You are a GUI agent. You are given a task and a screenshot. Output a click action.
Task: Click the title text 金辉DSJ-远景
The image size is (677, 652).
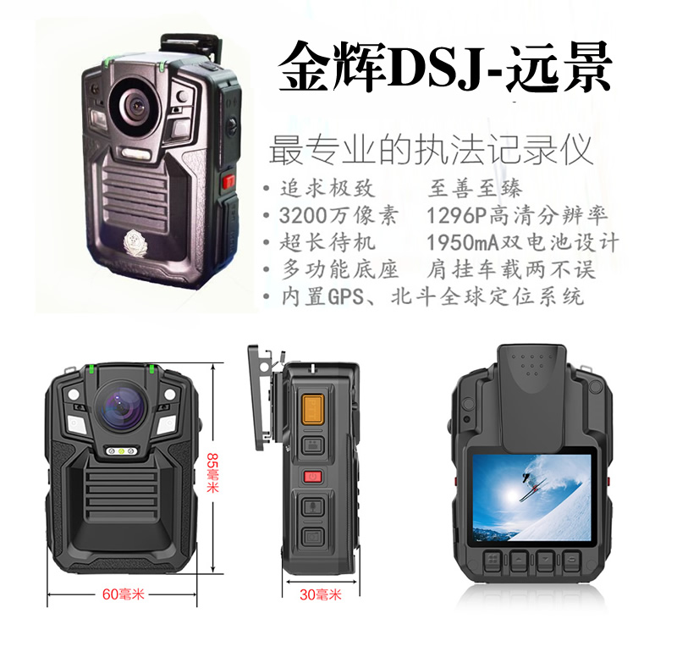tap(445, 66)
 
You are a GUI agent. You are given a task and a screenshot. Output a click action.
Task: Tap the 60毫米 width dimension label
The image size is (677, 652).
tap(123, 594)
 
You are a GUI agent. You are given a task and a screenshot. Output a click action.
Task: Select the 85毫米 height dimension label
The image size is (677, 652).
tap(212, 472)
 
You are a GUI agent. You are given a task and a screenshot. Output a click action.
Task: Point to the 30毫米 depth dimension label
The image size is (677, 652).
tap(321, 594)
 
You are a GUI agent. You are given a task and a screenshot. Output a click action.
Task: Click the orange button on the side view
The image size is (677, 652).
tap(312, 409)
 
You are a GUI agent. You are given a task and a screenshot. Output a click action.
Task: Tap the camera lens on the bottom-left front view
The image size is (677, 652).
tap(122, 406)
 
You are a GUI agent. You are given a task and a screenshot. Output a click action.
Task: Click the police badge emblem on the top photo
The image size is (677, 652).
tap(135, 243)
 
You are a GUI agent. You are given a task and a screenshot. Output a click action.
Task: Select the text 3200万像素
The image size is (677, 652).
tap(338, 215)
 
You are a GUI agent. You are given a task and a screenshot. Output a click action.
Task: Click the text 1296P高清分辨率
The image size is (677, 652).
tap(517, 215)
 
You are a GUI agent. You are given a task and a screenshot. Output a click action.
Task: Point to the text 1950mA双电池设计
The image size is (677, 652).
tap(522, 242)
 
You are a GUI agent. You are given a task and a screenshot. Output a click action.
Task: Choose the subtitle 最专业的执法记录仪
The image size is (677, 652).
tap(431, 150)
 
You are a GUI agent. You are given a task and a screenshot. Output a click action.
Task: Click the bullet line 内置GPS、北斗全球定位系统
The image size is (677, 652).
tap(432, 296)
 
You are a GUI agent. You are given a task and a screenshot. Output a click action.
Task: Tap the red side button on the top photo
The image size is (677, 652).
tap(228, 180)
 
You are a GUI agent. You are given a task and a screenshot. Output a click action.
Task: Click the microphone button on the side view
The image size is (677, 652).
tap(312, 506)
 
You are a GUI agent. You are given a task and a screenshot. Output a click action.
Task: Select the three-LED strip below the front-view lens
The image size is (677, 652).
tap(122, 451)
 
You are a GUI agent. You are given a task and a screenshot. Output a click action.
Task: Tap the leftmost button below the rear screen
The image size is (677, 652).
tap(492, 561)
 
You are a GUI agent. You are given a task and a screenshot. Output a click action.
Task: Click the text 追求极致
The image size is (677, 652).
tap(327, 188)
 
